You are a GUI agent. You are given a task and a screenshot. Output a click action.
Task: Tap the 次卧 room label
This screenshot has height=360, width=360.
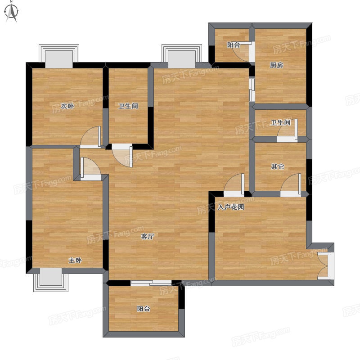pos(67,106)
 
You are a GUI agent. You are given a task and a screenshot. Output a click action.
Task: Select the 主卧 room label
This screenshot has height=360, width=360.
pos(75,260)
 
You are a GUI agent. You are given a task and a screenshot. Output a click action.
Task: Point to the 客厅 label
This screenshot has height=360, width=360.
pos(148,236)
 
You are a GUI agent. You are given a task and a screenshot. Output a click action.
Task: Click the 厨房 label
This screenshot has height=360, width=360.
pos(276,65)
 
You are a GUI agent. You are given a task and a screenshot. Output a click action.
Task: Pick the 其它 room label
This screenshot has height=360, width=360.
pos(278,166)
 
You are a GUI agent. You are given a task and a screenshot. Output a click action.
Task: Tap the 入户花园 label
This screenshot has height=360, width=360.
pos(231,207)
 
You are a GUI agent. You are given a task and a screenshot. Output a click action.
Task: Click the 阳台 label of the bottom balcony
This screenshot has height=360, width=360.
pos(144,309)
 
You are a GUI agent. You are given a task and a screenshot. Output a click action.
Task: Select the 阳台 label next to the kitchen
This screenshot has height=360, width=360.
pos(234,45)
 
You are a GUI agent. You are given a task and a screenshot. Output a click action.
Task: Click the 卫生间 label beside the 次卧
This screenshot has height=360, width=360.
pos(128,106)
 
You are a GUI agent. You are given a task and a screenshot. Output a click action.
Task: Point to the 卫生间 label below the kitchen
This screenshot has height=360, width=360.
pos(280,122)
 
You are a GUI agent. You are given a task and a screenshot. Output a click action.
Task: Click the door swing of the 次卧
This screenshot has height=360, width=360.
pos(91,137)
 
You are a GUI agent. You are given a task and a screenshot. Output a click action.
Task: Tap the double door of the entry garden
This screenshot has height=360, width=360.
pos(324,265)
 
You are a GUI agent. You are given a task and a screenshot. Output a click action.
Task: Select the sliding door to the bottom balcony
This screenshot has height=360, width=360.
pos(151,283)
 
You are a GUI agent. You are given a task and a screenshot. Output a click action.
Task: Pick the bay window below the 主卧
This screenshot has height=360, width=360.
pos(51,280)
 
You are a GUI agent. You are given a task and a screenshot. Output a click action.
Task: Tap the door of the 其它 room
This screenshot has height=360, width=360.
pos(290,185)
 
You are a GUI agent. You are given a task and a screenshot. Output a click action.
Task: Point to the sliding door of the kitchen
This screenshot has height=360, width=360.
pos(252,90)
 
